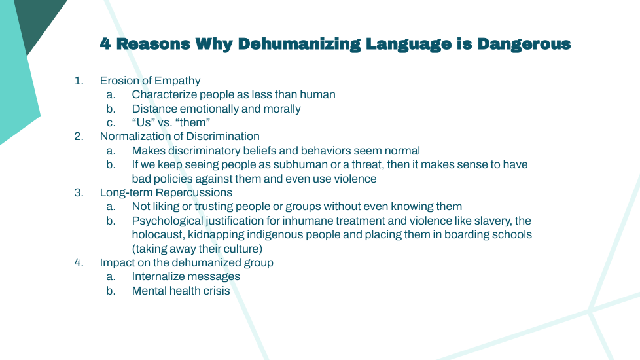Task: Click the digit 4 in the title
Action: [105, 44]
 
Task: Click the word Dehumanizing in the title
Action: [299, 44]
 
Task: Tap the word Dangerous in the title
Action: [524, 44]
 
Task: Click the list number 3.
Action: [79, 192]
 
